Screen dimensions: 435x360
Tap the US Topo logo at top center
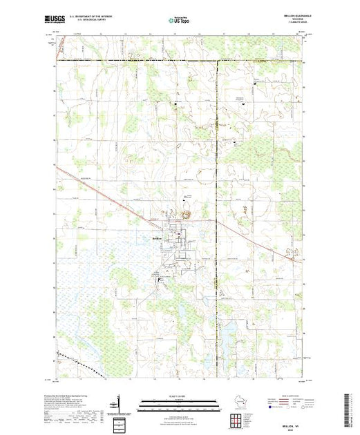[180, 21]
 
